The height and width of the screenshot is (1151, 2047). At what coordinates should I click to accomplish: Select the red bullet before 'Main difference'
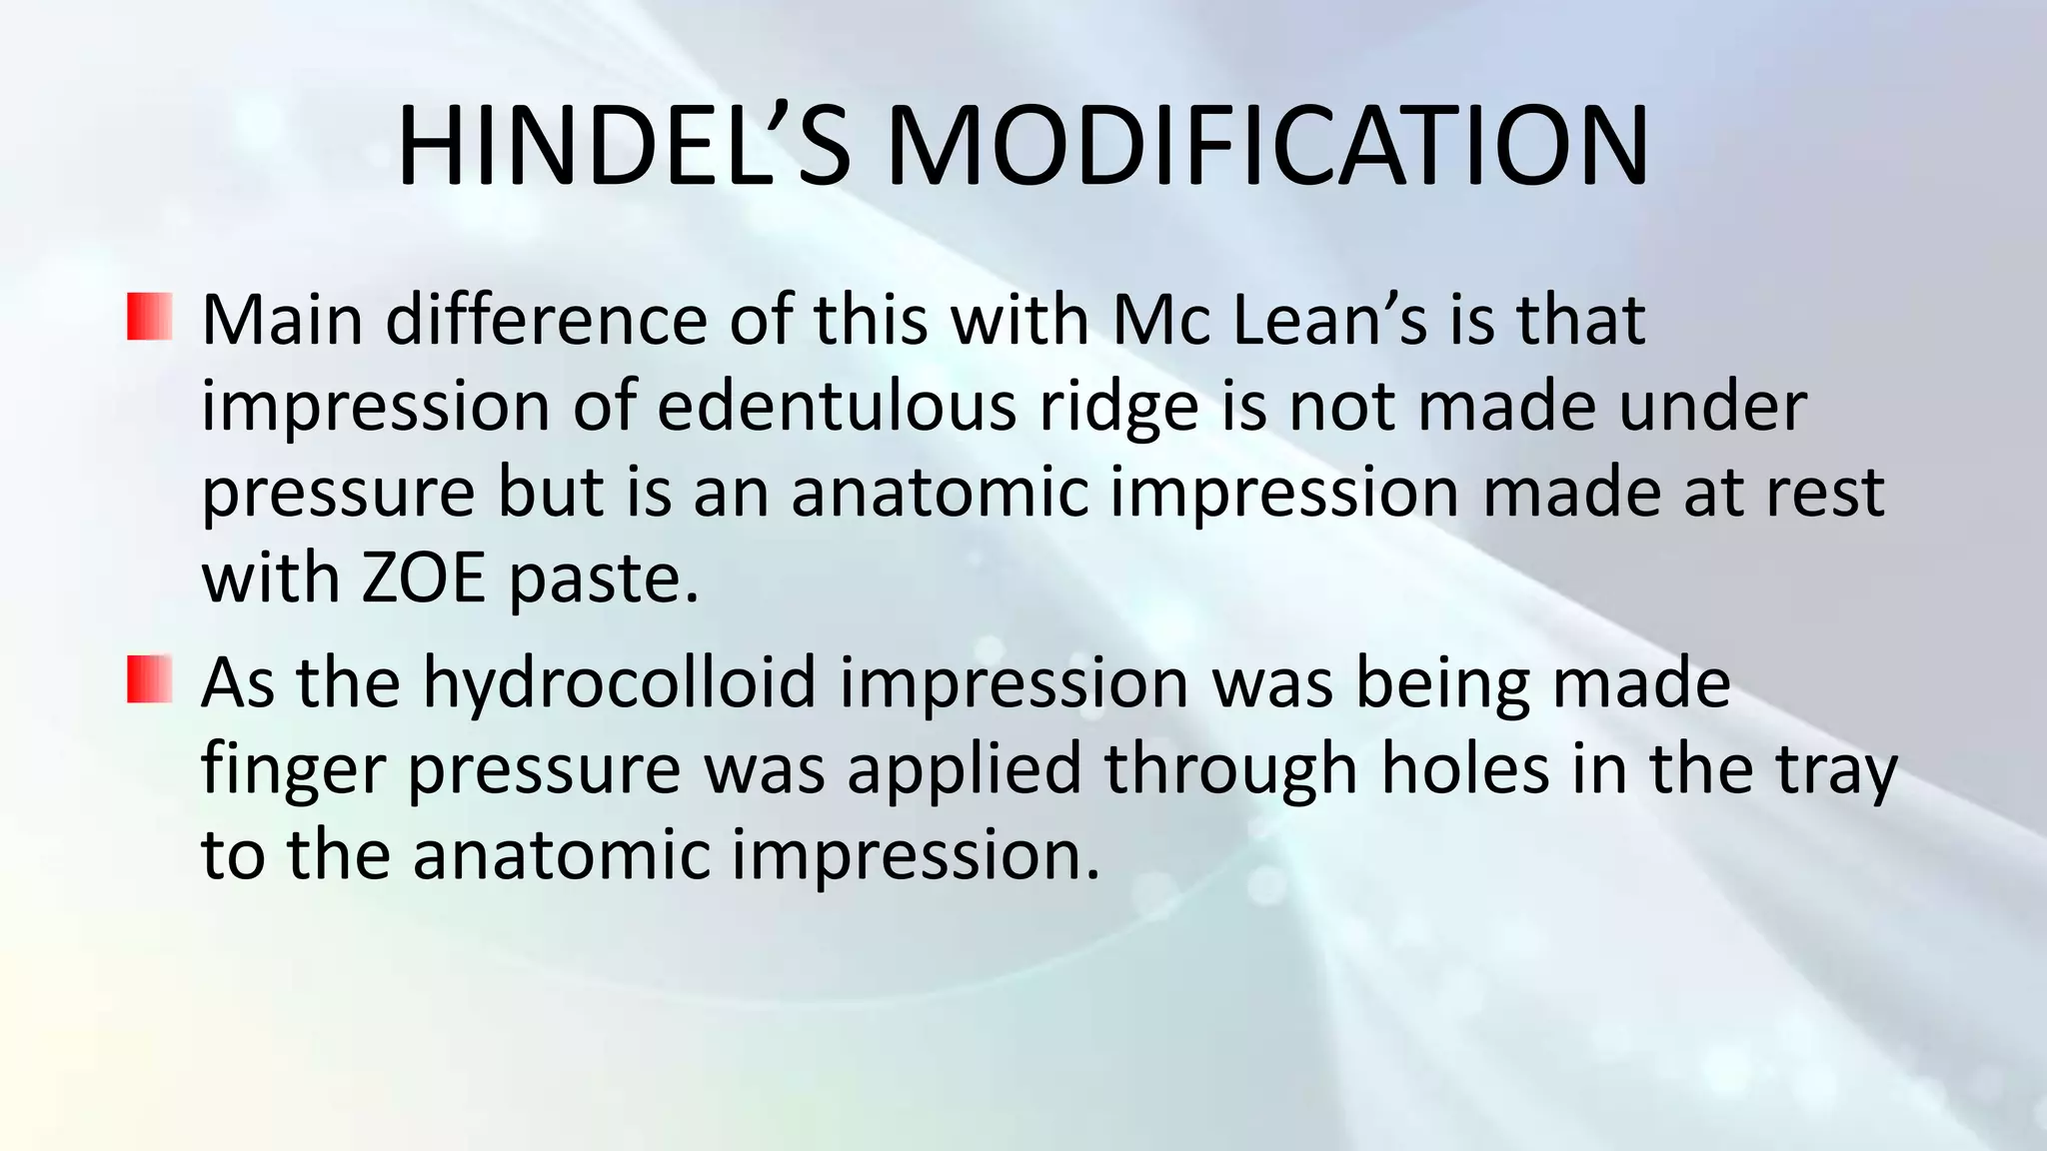click(150, 317)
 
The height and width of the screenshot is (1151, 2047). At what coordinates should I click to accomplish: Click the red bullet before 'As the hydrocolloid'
click(150, 679)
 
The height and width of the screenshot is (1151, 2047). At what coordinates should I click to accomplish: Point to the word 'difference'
click(545, 321)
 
